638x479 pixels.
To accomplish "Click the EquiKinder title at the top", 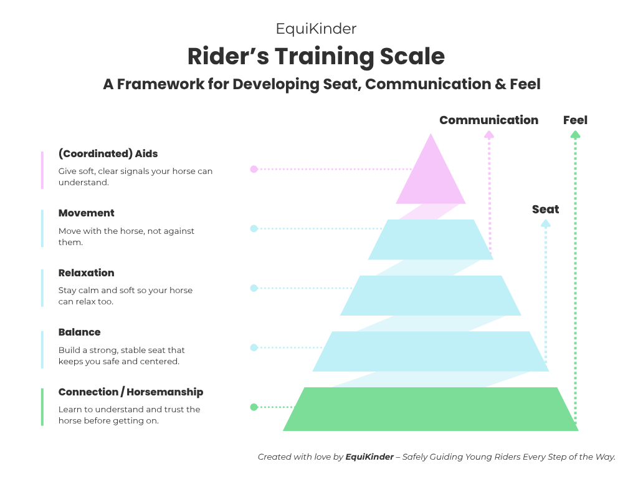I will (x=316, y=29).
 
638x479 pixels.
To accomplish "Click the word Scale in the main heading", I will (x=411, y=57).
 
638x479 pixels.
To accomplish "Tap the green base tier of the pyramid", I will (x=430, y=409).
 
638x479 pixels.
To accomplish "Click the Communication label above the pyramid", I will (x=488, y=120).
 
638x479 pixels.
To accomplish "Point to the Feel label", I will (x=575, y=120).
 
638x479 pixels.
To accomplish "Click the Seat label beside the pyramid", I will (x=545, y=210).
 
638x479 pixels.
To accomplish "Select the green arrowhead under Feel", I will (x=575, y=135).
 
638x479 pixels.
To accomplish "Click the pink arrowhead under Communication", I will (x=489, y=135).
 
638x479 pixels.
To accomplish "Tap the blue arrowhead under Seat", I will (x=546, y=223).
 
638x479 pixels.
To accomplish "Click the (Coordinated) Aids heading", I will (x=108, y=153).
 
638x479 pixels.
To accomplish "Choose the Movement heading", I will (x=87, y=213).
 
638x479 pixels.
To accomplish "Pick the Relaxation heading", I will (x=87, y=273).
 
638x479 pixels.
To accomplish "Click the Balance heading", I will (x=80, y=332).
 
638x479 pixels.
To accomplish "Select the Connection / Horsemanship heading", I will (x=131, y=392).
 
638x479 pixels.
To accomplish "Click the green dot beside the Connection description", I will (x=254, y=407).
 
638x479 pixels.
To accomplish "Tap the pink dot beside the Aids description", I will (x=254, y=169).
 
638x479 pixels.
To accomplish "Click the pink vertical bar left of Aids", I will (x=42, y=170).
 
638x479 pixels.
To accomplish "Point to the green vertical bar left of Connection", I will (x=42, y=407).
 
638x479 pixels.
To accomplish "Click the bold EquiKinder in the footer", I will (x=369, y=457).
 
